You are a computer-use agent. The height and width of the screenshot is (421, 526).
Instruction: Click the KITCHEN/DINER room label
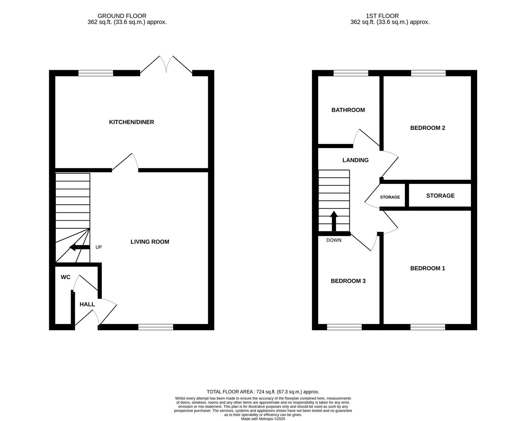131,122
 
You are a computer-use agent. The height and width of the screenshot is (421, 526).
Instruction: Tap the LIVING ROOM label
150,242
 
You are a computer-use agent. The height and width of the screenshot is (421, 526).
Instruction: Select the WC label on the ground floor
66,277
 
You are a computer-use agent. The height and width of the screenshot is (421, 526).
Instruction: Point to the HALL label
87,304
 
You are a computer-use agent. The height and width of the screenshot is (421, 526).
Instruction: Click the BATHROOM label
348,110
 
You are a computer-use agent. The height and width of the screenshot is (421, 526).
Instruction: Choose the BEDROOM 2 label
427,128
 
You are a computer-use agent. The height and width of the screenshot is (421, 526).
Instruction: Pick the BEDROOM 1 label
427,268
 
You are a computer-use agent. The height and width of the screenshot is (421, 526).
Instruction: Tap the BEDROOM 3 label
348,281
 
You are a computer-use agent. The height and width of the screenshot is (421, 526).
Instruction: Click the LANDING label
355,160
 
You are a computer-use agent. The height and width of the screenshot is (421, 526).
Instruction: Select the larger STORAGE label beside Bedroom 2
440,196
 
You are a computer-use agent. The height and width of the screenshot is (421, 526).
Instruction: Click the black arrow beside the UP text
79,247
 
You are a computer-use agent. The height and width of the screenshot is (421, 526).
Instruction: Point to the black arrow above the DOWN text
334,221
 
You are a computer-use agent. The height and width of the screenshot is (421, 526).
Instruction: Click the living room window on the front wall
156,327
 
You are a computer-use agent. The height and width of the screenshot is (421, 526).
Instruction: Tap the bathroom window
351,73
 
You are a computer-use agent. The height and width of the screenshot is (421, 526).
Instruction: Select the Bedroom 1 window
427,327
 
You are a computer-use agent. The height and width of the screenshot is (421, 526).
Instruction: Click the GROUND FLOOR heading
122,16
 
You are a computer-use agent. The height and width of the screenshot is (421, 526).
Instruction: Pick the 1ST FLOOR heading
382,16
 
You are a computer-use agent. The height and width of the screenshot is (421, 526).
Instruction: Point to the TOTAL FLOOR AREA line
263,392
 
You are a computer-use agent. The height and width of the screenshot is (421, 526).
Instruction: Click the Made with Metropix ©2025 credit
263,419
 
